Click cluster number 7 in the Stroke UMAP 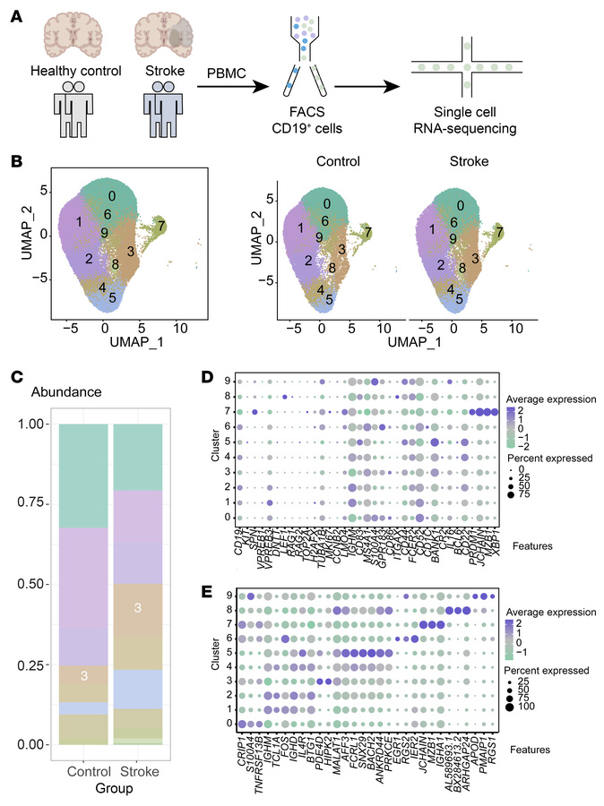tap(499, 232)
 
